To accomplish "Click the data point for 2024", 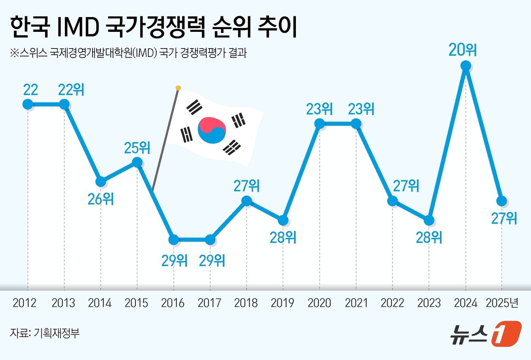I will coord(466,66).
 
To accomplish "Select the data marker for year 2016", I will coord(173,239).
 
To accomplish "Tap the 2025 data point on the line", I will coord(502,200).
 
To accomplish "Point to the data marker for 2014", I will coord(101,182).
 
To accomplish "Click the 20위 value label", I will coord(462,50).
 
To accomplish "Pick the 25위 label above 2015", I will coord(137,147).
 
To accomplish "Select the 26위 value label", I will coord(101,199).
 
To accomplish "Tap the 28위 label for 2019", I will coord(283,237).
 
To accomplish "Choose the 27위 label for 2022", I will coord(406,186).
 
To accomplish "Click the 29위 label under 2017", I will coord(212,260).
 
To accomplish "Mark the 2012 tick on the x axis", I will coord(25,303).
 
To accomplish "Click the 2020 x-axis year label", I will coord(319,303).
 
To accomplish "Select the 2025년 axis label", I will coord(502,303).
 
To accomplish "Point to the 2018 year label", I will coord(246,303).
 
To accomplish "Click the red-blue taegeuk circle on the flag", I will coord(212,130).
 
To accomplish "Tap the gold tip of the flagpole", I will coord(178,88).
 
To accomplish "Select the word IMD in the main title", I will coord(78,28).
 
